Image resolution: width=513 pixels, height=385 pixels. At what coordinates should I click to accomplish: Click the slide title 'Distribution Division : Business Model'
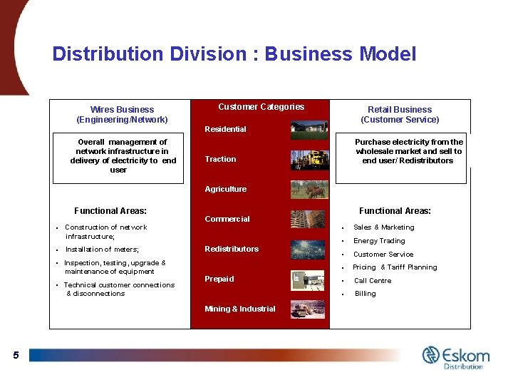click(x=234, y=54)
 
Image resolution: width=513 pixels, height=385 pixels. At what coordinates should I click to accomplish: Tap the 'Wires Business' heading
click(x=122, y=110)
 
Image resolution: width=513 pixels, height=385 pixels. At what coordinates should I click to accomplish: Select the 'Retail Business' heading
click(x=400, y=110)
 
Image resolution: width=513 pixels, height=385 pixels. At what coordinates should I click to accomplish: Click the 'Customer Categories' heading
click(x=261, y=107)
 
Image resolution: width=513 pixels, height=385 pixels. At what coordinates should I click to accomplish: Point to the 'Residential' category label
click(x=225, y=129)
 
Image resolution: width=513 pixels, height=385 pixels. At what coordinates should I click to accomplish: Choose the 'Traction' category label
click(x=220, y=159)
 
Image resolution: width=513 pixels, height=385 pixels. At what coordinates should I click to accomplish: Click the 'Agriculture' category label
click(x=225, y=189)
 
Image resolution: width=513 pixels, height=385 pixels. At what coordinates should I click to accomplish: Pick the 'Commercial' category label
click(x=227, y=219)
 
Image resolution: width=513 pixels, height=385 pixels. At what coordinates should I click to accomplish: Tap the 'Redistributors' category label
click(x=232, y=249)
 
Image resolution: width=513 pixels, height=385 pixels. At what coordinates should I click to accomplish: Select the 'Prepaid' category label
click(x=219, y=279)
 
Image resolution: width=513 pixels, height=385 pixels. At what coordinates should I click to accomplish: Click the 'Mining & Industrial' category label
click(x=239, y=309)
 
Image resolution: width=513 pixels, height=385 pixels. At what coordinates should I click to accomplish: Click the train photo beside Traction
click(x=309, y=159)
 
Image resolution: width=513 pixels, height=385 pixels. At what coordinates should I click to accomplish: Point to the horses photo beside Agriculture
click(x=309, y=189)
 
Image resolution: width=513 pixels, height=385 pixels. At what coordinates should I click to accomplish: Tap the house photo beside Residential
click(x=309, y=130)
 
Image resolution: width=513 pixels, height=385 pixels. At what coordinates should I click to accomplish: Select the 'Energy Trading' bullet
click(x=379, y=241)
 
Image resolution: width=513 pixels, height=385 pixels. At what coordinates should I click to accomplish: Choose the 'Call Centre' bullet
click(x=373, y=281)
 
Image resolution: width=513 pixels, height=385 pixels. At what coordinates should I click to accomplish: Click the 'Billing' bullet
click(x=366, y=294)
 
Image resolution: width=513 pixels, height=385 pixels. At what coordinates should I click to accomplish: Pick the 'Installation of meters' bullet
click(x=102, y=250)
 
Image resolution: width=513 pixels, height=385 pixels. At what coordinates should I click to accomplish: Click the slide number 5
click(x=16, y=355)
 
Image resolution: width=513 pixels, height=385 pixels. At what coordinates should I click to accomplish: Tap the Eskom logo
click(x=455, y=356)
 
